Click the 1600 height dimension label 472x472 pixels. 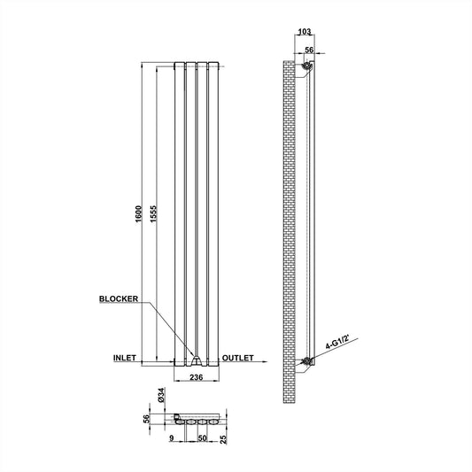click(138, 213)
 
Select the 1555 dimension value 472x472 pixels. click(153, 213)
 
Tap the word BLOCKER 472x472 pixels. click(119, 299)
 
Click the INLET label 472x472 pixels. click(125, 358)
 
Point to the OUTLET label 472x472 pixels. click(238, 358)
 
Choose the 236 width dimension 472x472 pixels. click(197, 377)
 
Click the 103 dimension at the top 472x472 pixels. click(305, 32)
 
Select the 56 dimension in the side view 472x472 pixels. click(309, 50)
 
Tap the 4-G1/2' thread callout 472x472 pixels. click(337, 343)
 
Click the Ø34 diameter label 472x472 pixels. click(161, 395)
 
